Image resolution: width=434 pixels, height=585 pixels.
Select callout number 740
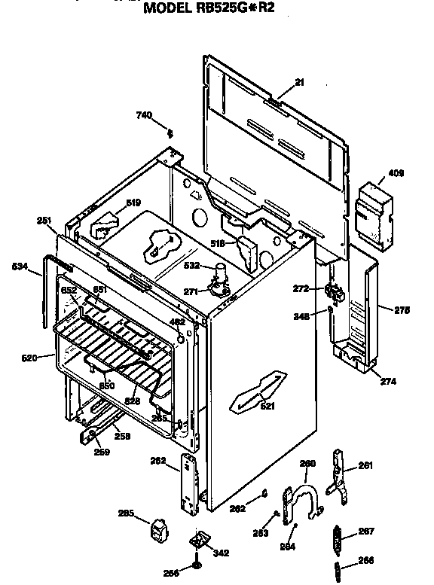[144, 115]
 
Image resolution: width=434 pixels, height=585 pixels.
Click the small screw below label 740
[171, 133]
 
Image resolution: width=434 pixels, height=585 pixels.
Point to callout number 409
[396, 174]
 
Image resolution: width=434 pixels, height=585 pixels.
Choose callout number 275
[402, 309]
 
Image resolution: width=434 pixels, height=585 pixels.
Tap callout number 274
[388, 382]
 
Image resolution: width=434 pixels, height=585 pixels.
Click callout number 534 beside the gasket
[20, 267]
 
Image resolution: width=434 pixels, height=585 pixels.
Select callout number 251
[44, 221]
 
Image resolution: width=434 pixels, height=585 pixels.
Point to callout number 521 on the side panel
[267, 407]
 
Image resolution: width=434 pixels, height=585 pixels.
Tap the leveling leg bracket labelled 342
[200, 541]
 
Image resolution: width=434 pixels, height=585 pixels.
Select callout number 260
[307, 465]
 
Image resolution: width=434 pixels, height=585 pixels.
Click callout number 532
[191, 265]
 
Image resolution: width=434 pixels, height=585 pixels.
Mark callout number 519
[133, 203]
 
